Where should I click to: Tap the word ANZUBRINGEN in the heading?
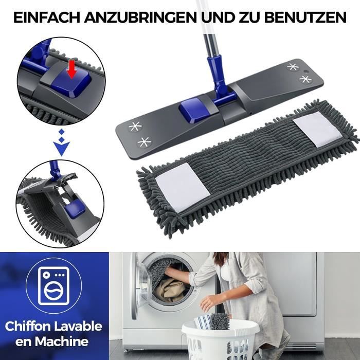(140, 17)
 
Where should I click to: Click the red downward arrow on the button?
(73, 69)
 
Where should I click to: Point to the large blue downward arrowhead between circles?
(62, 148)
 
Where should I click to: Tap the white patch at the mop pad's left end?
(183, 187)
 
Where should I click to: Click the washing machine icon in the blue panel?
(53, 286)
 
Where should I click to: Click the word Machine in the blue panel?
(62, 341)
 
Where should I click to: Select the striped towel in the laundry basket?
(203, 321)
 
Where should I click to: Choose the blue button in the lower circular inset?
(74, 209)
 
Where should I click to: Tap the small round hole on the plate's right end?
(305, 71)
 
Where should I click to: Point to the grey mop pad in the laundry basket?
(220, 321)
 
